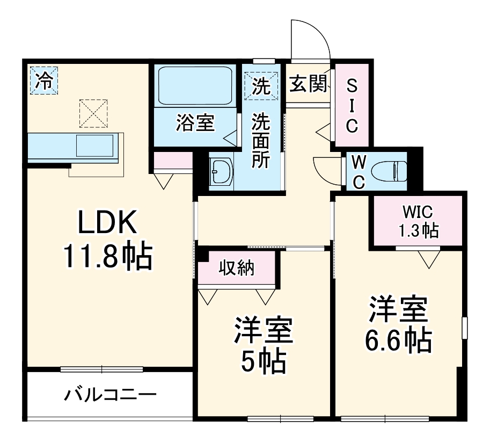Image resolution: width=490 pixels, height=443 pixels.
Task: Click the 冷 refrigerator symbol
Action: pos(43,81)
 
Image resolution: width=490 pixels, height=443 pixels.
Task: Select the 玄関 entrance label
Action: pos(308,84)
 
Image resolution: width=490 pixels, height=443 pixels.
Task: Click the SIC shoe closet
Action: pos(352,105)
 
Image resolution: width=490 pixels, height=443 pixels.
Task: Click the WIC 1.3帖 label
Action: pos(418,221)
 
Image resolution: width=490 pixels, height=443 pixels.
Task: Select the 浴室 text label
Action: pos(195,123)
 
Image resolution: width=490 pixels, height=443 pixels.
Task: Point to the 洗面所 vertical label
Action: pos(261,140)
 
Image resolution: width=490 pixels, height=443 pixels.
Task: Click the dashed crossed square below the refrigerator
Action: pos(93,113)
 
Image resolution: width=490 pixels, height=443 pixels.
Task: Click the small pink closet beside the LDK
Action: pos(173,160)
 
